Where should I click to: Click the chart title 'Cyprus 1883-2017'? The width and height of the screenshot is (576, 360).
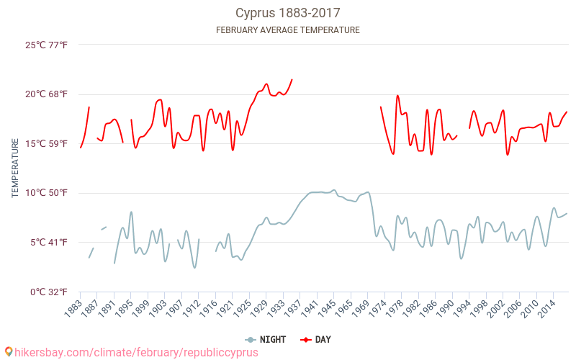pos(288,13)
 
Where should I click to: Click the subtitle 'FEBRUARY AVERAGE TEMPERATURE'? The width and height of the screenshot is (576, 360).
pos(288,30)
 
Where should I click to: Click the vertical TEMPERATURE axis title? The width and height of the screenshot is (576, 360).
pos(15,168)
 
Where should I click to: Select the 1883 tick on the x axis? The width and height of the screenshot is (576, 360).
pos(72,308)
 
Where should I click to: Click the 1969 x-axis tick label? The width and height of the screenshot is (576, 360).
pos(359,308)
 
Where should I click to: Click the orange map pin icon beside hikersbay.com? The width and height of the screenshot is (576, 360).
pos(8,352)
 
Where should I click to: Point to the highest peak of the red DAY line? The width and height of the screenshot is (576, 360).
pos(292,79)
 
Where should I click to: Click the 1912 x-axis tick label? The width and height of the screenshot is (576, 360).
pos(190,308)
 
